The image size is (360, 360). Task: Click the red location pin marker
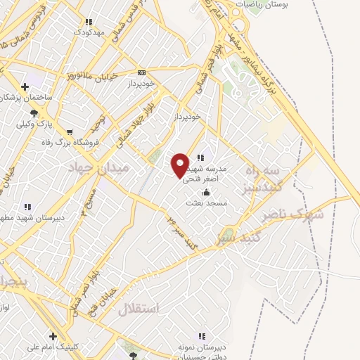tap(180, 165)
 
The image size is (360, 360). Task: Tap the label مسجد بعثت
tap(205, 203)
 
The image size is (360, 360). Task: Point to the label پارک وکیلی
tap(35, 124)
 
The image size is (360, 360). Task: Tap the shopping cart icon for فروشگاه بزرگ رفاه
tap(69, 131)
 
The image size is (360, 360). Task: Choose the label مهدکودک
tap(89, 32)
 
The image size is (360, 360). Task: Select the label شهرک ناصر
tap(292, 214)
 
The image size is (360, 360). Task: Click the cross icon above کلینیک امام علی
tap(53, 336)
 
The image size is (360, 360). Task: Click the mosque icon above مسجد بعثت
tap(206, 193)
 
